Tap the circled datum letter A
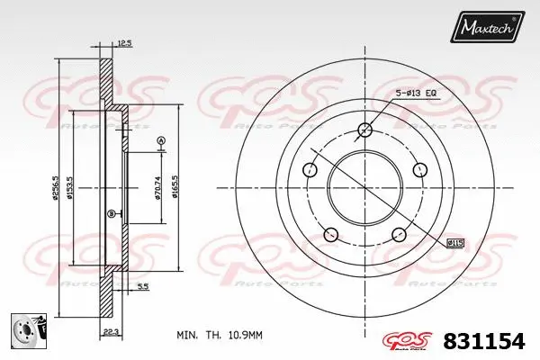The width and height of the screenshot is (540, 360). coord(161,139)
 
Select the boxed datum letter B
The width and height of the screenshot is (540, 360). coord(111,212)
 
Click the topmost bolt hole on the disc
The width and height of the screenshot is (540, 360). coord(364,129)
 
